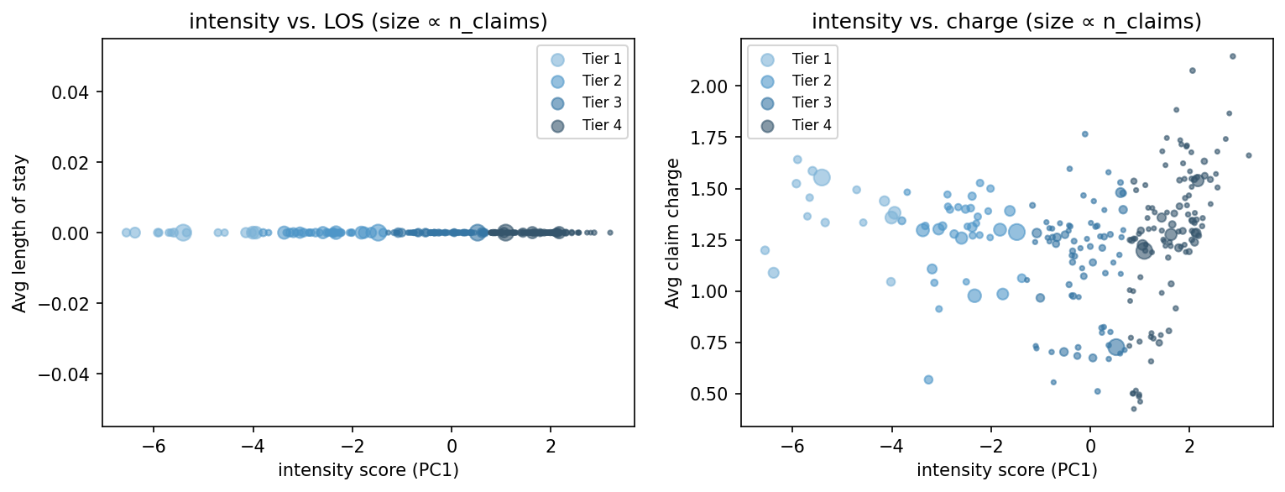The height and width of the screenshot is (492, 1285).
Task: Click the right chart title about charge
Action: (x=1006, y=23)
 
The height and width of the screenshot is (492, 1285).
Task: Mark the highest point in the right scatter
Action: (x=1232, y=56)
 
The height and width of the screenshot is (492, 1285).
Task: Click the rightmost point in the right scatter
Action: (x=1248, y=155)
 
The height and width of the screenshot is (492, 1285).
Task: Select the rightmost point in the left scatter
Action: (x=609, y=233)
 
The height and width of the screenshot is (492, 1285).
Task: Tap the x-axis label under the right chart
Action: (x=1006, y=470)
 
